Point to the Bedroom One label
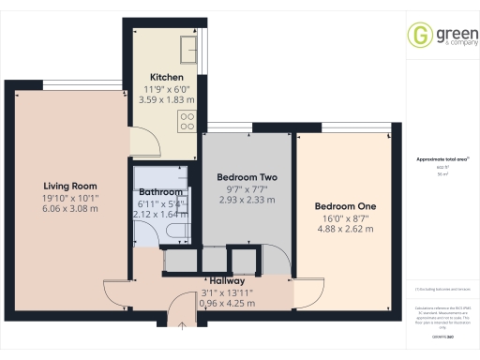[344, 206]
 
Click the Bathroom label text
[160, 192]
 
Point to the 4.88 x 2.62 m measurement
[344, 230]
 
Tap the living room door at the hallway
[116, 295]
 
